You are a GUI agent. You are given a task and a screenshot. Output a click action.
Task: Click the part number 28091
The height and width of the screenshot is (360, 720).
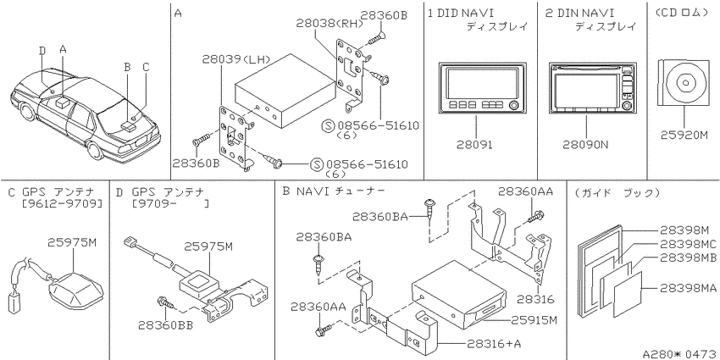[474, 145]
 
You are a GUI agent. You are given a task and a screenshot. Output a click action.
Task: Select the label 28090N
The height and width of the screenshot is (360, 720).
[585, 145]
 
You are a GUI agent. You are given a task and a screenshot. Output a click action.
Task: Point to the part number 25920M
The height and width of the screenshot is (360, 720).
[684, 136]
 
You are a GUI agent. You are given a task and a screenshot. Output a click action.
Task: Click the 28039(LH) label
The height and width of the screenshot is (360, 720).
[235, 59]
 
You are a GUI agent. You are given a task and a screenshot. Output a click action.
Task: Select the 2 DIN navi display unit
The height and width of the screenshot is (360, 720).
[593, 88]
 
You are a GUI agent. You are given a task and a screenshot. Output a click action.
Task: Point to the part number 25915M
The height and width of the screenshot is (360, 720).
[534, 320]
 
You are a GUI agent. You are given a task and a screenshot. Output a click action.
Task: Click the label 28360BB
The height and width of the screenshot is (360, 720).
[165, 325]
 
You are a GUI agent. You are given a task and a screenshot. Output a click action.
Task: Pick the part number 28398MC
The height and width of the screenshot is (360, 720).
[689, 244]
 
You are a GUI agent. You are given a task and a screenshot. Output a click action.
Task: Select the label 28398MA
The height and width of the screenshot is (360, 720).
[689, 288]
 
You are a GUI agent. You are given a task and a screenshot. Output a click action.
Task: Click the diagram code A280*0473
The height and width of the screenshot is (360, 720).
[680, 353]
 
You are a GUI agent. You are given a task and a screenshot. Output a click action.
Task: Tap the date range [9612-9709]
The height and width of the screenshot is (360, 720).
[62, 203]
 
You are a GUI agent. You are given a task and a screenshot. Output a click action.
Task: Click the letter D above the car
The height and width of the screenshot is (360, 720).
[42, 50]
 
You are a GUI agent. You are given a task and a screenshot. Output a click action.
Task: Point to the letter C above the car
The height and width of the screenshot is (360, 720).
[146, 68]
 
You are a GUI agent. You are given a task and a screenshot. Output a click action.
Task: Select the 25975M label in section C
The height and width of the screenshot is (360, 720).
[72, 243]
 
